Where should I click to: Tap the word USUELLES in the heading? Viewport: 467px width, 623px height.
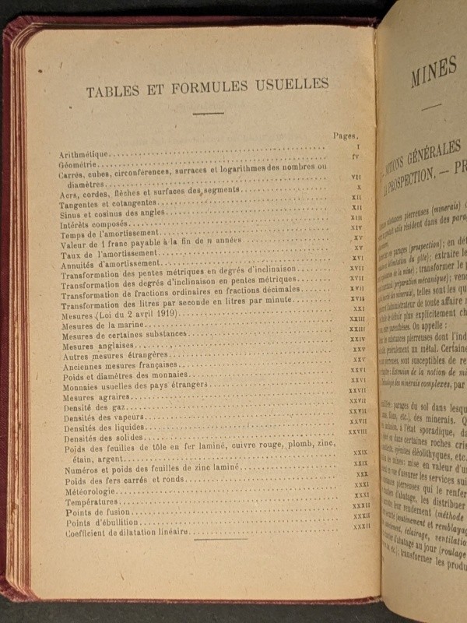click(290, 84)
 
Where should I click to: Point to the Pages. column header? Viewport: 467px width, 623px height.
click(346, 135)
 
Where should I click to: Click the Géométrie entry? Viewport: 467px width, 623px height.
click(80, 165)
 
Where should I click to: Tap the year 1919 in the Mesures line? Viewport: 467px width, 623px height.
click(165, 314)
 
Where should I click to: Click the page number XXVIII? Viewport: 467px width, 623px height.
click(358, 431)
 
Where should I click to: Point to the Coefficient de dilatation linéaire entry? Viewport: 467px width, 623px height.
click(126, 533)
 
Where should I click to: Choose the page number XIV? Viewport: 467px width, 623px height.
click(357, 227)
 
